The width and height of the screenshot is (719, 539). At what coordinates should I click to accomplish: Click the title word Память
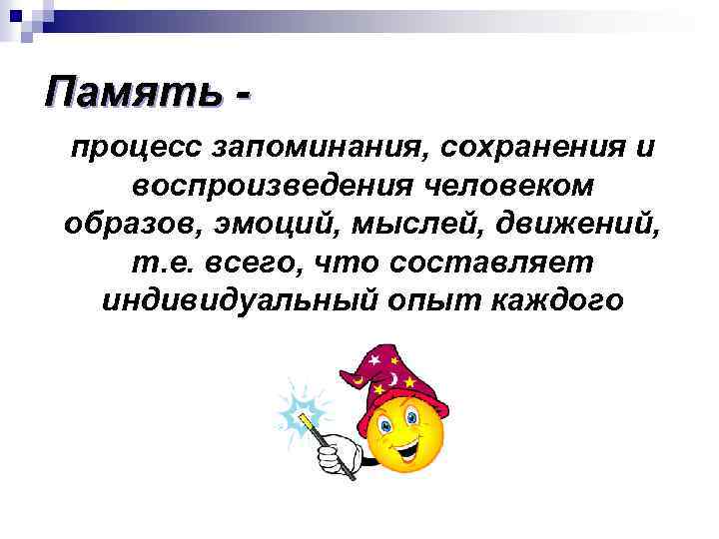132,94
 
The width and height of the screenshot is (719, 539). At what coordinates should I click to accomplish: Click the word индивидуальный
238,299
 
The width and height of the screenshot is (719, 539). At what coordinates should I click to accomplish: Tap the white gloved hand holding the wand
337,455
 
